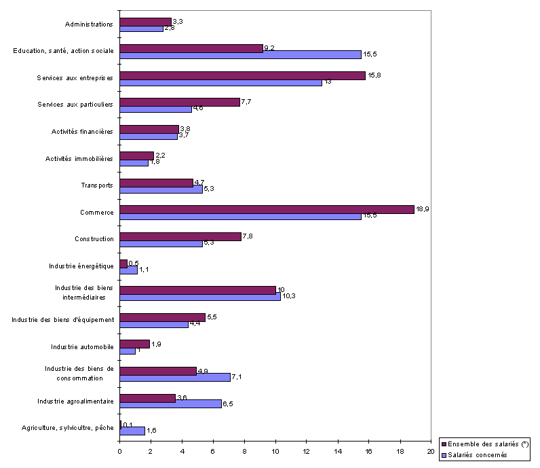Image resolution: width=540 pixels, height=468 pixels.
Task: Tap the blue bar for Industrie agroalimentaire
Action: pyautogui.click(x=170, y=403)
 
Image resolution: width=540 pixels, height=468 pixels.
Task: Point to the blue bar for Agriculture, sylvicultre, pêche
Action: pyautogui.click(x=132, y=431)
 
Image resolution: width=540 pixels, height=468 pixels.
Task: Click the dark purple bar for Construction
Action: pyautogui.click(x=180, y=236)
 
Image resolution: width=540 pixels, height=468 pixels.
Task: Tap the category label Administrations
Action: pyautogui.click(x=89, y=24)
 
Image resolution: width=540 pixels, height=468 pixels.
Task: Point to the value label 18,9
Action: pyautogui.click(x=422, y=209)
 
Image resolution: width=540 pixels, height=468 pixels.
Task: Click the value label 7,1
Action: pyautogui.click(x=238, y=376)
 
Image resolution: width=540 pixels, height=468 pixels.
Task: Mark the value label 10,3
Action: pyautogui.click(x=288, y=296)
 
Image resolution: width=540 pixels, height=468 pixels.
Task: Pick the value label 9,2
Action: pyautogui.click(x=270, y=48)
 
